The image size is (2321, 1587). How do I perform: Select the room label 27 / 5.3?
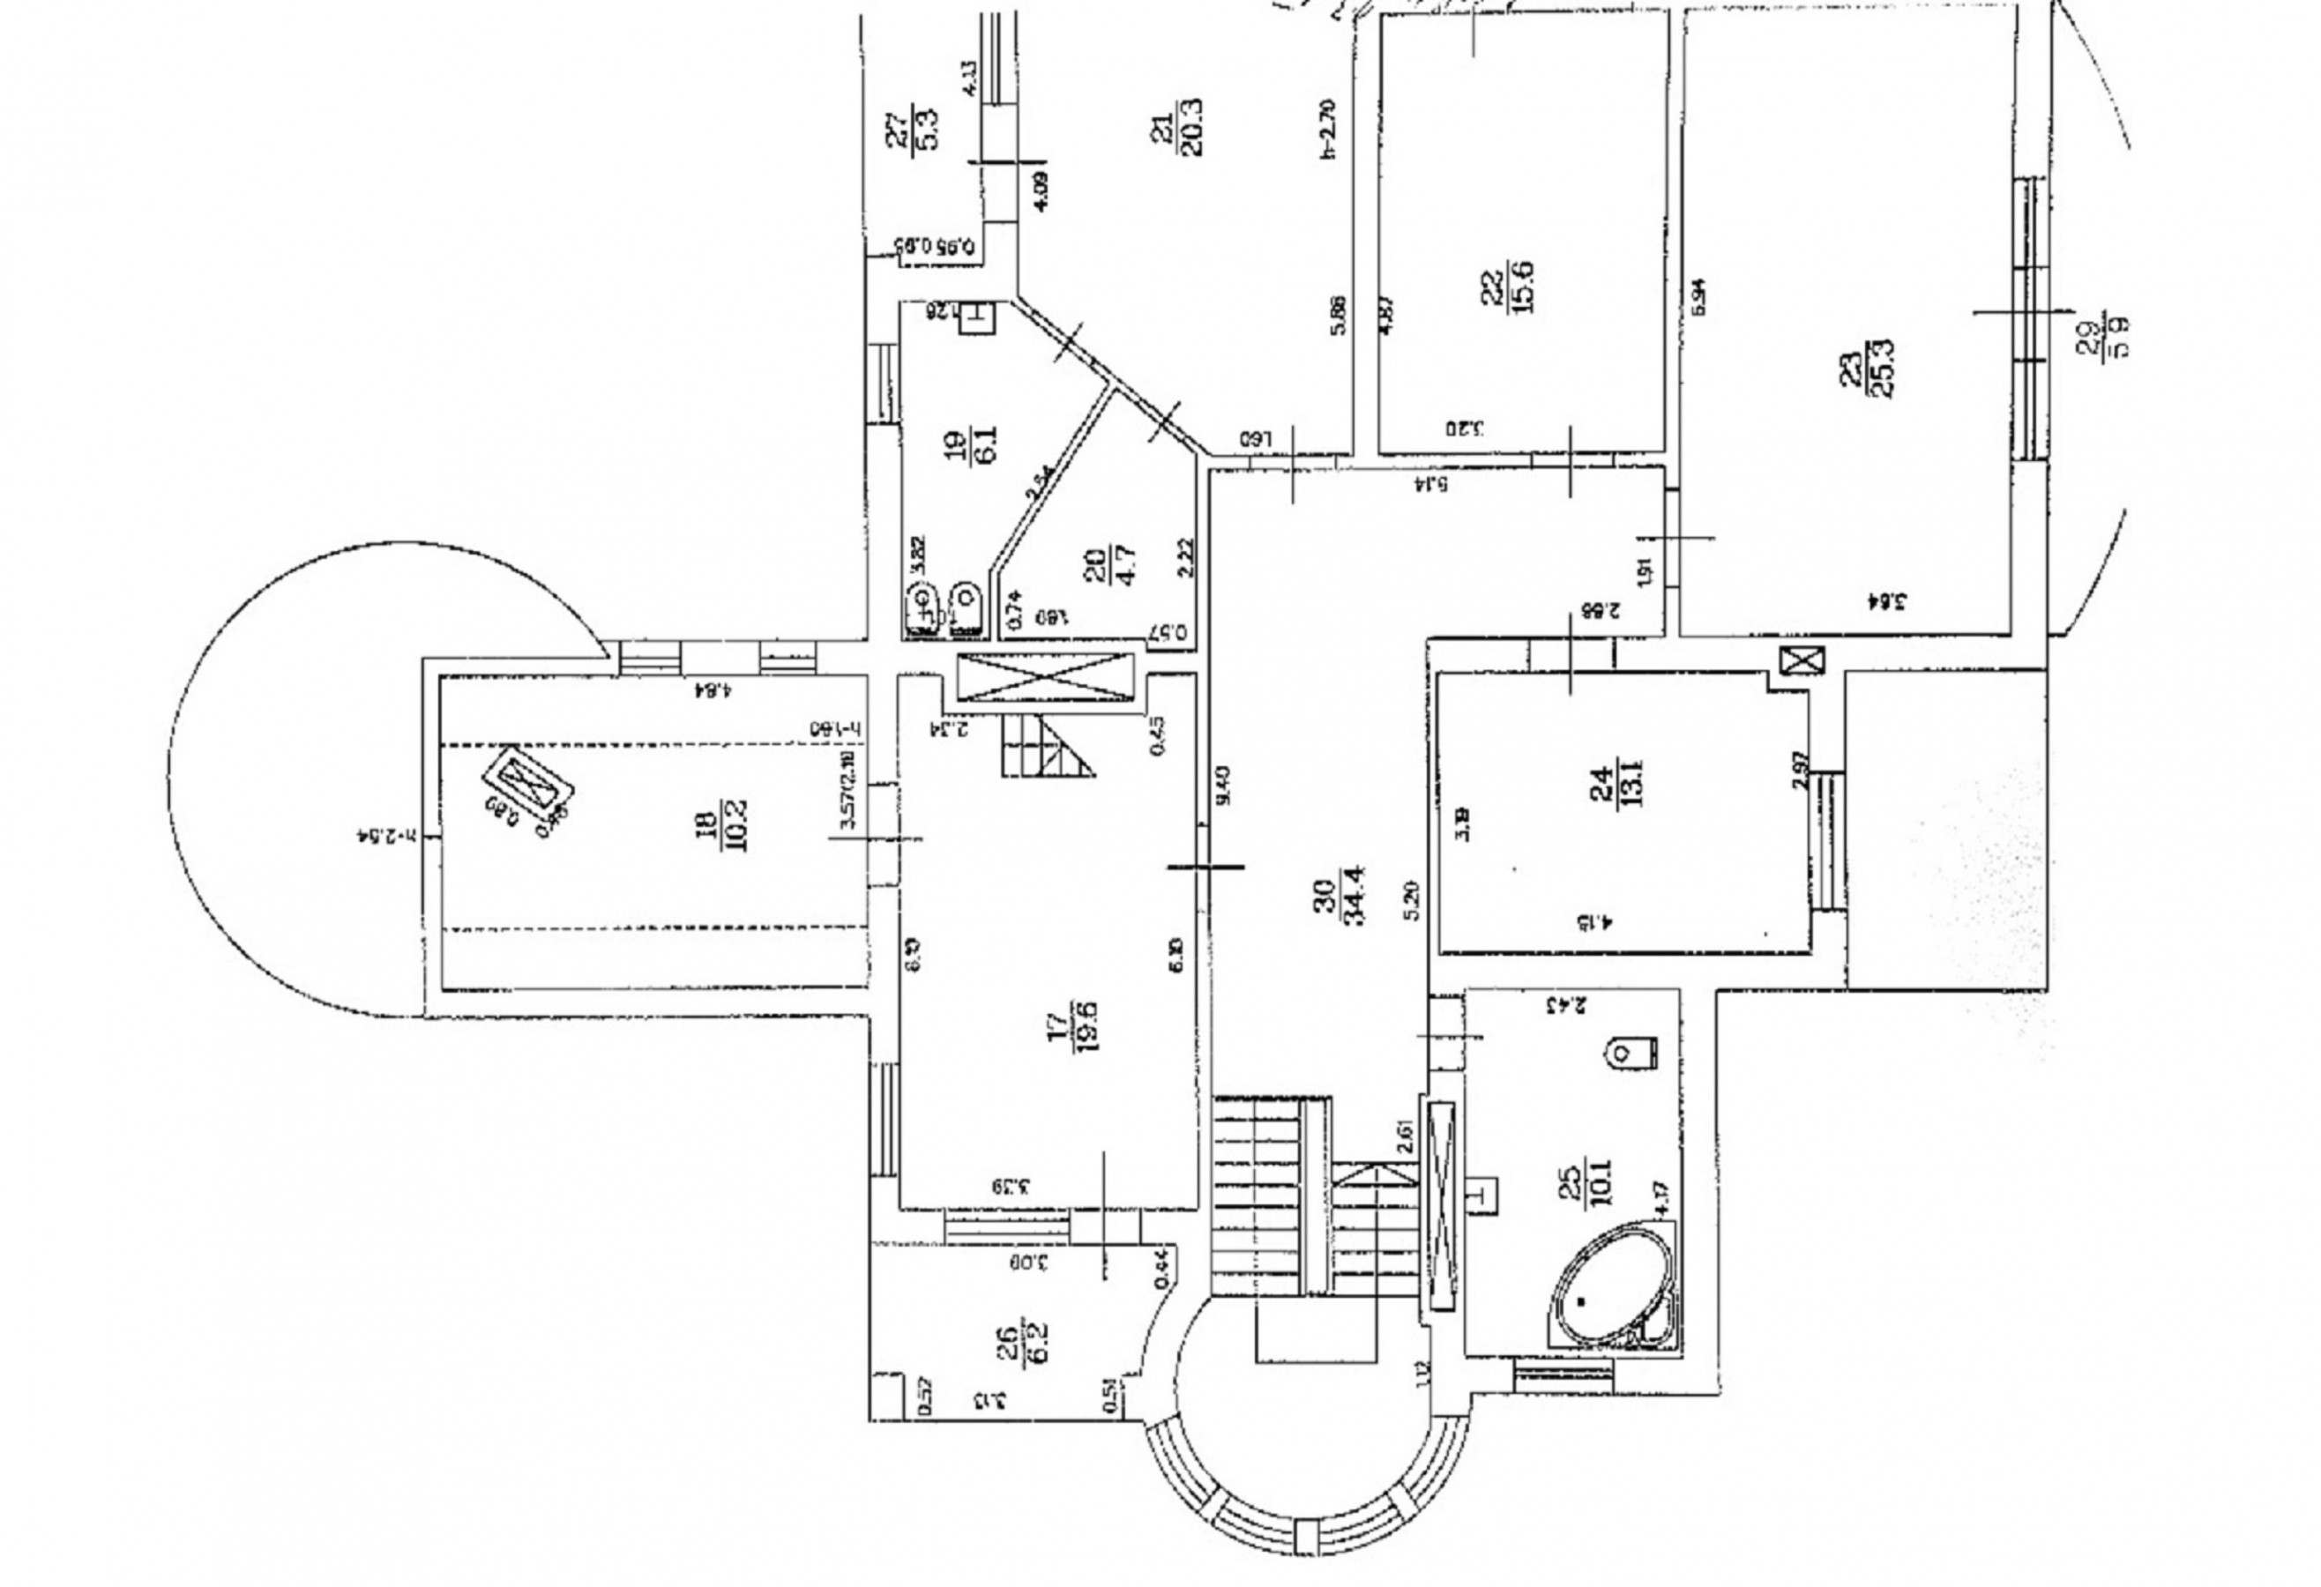[x=913, y=127]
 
